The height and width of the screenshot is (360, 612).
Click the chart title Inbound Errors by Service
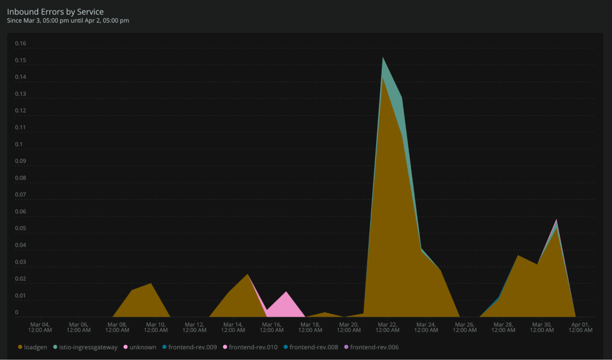55,12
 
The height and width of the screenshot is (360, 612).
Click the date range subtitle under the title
68,21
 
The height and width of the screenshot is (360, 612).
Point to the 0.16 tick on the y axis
20,43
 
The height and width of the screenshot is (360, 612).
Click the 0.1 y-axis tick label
19,144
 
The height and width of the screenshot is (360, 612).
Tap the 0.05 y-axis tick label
20,228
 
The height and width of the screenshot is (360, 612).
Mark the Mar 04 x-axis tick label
40,327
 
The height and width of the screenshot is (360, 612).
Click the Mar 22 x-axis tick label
387,327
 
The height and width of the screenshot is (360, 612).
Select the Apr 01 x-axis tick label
580,327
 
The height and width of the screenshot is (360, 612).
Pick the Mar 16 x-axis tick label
272,327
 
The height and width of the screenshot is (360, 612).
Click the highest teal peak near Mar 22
383,58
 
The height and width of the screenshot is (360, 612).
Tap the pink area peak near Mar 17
286,292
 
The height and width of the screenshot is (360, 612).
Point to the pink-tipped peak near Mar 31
556,220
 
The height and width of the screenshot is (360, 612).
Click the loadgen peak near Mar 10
151,284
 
